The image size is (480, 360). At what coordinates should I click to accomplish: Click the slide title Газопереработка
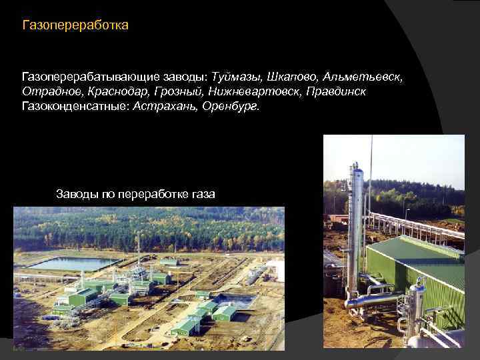click(x=75, y=26)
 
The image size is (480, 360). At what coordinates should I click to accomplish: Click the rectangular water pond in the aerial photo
click(x=73, y=263)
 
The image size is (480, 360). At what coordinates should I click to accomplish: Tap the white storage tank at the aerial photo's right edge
click(x=279, y=271)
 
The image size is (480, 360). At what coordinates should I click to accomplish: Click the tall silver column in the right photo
click(x=357, y=220)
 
